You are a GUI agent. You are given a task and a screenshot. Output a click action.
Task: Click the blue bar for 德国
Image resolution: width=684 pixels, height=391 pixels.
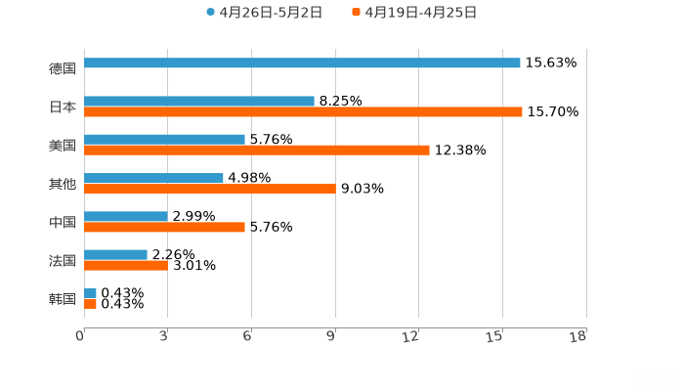click(302, 63)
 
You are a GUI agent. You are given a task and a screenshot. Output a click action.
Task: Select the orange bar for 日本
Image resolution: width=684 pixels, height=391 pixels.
click(303, 112)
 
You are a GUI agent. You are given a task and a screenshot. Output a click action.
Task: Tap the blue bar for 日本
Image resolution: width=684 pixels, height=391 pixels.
click(199, 101)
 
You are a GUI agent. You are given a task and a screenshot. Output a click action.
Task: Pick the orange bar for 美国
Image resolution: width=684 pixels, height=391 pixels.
click(257, 151)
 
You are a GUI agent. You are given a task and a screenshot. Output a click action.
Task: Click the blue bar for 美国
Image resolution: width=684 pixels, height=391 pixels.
click(164, 139)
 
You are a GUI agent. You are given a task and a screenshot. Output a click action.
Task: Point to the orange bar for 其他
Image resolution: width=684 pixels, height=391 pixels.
click(210, 189)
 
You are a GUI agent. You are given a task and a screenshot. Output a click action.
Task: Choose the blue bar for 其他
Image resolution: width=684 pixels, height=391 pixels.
click(153, 178)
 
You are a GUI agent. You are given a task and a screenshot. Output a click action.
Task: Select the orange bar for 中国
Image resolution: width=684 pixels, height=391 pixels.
click(164, 227)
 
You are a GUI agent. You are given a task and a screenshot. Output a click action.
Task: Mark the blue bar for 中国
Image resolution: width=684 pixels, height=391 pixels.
click(126, 216)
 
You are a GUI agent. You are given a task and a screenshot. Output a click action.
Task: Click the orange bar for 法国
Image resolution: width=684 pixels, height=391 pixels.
click(126, 265)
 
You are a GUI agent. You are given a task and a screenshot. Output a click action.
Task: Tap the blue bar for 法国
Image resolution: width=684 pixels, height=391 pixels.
click(115, 254)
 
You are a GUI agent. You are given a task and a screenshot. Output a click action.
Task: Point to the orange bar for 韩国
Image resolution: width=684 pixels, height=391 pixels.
click(90, 304)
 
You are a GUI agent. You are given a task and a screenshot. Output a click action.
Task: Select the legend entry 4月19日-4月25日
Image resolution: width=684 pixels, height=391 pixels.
click(420, 13)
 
